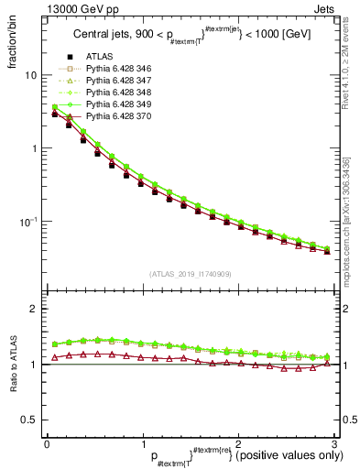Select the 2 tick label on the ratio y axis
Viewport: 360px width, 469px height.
tap(33, 309)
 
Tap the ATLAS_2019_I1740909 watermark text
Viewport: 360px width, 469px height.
tap(191, 274)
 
